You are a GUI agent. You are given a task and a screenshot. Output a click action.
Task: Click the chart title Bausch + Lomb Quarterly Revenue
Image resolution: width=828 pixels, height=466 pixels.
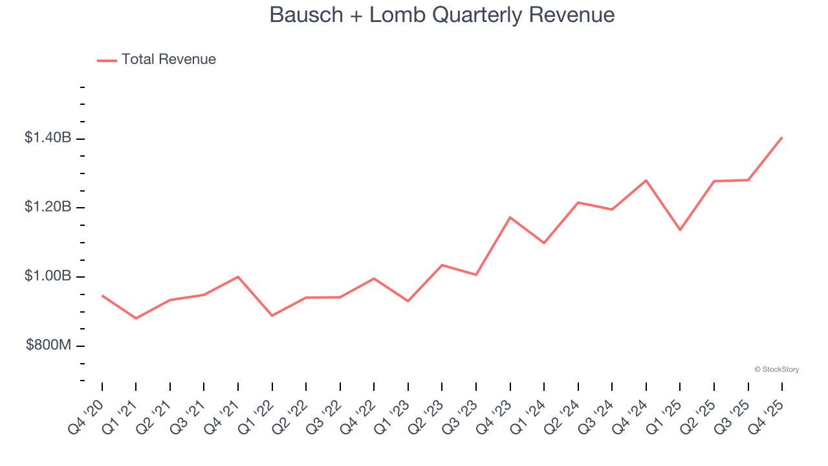442,15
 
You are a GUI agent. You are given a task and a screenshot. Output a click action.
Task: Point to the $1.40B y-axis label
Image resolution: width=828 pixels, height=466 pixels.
48,138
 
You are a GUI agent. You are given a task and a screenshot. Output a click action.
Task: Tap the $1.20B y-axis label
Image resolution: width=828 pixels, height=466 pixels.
48,207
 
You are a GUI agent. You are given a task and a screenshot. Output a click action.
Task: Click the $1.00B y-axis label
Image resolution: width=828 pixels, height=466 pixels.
48,276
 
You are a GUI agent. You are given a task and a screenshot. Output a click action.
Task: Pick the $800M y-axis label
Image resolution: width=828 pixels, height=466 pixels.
49,346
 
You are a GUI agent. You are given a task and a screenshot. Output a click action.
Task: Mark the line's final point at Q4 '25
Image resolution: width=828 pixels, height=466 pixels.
782,137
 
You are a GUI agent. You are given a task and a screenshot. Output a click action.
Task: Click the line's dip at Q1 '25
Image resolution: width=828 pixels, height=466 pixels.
680,230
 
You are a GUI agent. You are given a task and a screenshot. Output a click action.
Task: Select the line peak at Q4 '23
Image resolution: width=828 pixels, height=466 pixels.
510,217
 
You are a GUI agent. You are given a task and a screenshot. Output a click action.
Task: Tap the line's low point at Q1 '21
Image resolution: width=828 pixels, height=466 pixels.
136,318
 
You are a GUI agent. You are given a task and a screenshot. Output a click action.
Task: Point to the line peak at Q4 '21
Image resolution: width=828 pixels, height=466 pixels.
238,276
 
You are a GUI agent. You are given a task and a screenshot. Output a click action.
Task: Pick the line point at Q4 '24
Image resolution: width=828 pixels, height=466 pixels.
646,180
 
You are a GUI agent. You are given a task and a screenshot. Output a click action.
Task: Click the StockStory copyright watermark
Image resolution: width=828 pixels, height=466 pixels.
776,370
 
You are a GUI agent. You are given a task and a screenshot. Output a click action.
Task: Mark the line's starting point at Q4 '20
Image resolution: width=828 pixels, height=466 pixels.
102,296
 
